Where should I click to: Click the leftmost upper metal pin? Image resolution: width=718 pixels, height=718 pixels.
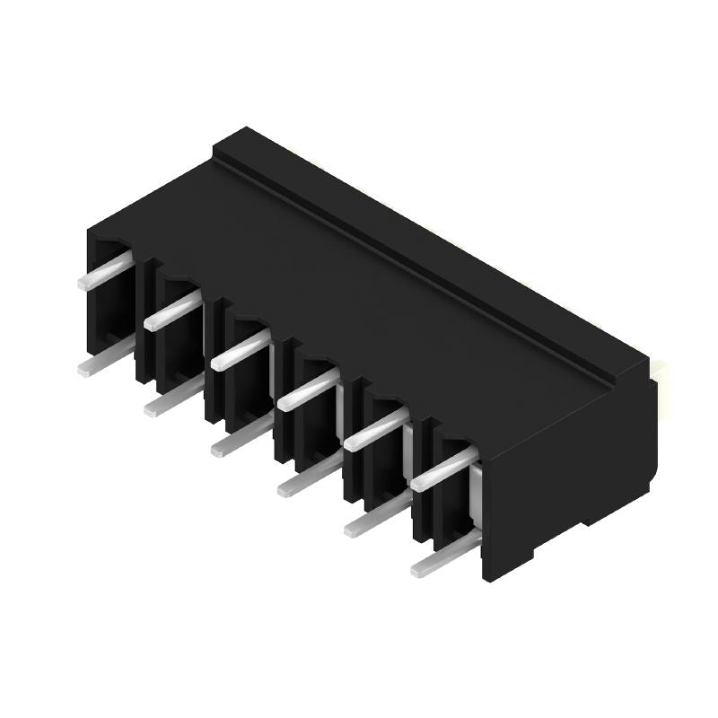[104, 270]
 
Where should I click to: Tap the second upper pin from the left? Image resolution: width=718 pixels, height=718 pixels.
[171, 311]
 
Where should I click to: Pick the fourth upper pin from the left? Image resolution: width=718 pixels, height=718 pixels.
[307, 390]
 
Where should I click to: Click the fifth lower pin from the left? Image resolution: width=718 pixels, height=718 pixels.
[372, 519]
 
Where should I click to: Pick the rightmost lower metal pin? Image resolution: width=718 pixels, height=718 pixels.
[442, 558]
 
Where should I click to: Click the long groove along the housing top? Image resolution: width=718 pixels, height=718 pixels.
[422, 260]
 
